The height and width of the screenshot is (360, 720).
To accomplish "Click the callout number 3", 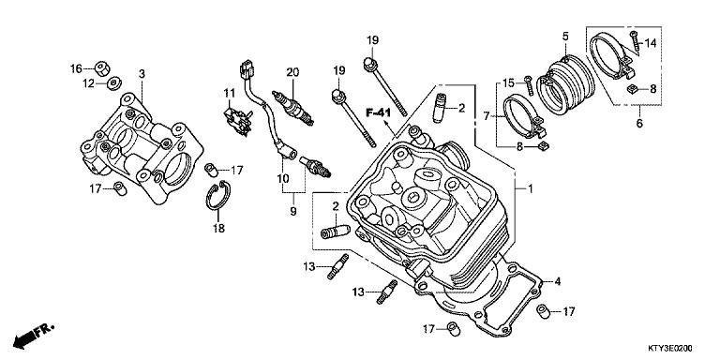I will tap(142, 73).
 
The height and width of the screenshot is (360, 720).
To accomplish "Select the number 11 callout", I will tap(227, 92).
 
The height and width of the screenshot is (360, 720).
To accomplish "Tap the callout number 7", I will tap(486, 115).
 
